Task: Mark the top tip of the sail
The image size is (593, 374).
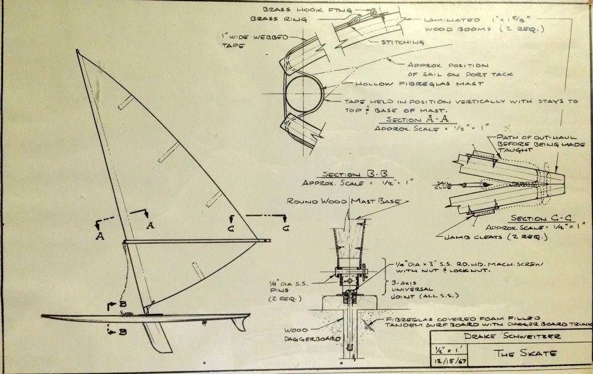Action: click(78, 51)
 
